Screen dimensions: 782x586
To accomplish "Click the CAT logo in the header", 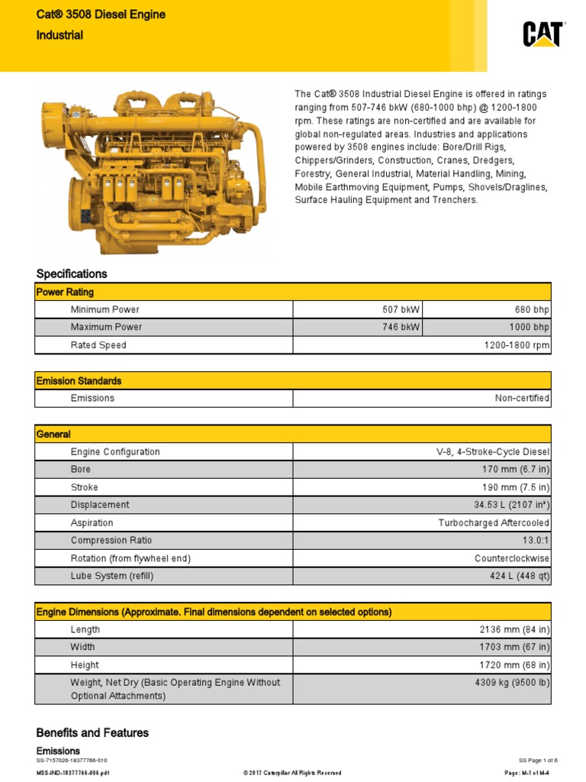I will tap(543, 34).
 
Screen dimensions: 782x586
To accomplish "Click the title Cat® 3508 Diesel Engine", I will tap(101, 15).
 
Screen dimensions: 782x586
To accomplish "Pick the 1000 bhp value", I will tap(531, 327).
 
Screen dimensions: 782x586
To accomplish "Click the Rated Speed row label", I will tap(98, 345).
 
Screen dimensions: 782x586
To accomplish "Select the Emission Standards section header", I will tap(79, 380).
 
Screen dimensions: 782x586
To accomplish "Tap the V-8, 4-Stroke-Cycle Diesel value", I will tap(493, 452).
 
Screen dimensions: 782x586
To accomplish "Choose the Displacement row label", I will tap(100, 505).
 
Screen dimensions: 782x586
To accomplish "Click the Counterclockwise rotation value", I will tap(512, 558).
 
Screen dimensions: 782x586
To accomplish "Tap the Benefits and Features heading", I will tap(92, 732).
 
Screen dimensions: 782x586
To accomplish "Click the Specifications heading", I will tap(72, 273).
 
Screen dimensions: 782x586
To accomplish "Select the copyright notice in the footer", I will tap(292, 773).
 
